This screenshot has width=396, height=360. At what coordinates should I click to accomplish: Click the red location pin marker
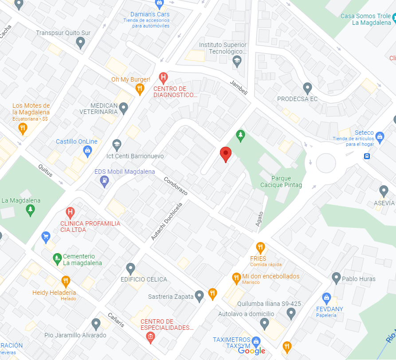226,154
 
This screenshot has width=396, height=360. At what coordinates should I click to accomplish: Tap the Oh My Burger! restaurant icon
140,89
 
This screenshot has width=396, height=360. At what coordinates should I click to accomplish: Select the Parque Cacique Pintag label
281,182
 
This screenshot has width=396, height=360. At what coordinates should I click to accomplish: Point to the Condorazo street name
176,187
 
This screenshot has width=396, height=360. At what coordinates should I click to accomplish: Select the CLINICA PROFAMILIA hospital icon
70,212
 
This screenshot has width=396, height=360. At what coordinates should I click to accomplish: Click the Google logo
251,351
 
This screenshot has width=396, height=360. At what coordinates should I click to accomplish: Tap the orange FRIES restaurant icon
260,248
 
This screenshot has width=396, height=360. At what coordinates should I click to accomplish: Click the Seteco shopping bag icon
379,136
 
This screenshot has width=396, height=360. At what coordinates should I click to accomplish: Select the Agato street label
259,219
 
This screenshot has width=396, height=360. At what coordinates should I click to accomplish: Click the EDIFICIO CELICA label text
144,279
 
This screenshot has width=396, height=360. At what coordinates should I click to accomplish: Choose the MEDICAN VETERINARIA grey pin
124,107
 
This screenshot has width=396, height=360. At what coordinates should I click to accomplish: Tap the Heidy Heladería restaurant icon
66,281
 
